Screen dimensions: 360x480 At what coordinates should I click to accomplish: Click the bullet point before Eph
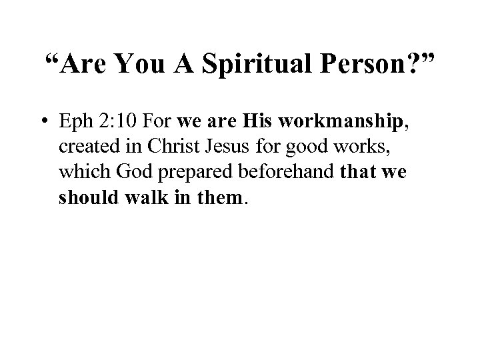(42, 123)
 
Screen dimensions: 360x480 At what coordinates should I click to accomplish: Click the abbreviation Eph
(77, 123)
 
